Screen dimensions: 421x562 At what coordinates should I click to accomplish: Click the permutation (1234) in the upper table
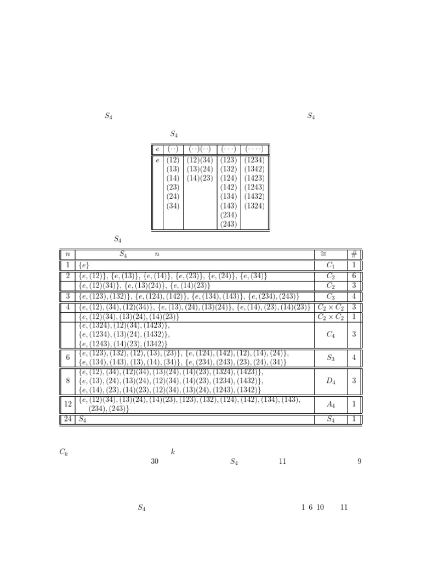coord(254,160)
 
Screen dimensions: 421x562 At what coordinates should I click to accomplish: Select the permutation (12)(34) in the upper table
coord(200,160)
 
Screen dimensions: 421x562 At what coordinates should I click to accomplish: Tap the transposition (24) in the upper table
coord(173,196)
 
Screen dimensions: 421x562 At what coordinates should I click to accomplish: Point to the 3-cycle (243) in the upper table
coord(228,224)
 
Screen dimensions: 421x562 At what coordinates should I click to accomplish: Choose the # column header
coord(354,254)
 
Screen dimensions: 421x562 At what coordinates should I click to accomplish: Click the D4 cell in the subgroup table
coord(331,381)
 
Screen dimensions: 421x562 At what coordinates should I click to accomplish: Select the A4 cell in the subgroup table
coord(331,404)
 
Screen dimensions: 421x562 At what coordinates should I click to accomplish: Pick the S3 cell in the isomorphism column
coord(331,357)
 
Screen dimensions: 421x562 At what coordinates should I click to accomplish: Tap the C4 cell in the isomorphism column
coord(331,334)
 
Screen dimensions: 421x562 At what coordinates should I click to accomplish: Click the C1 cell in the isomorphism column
coord(331,265)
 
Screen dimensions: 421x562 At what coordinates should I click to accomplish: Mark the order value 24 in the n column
coord(68,419)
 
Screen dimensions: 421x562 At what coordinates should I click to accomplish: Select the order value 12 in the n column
coord(68,404)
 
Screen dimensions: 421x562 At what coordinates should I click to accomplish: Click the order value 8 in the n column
coord(68,381)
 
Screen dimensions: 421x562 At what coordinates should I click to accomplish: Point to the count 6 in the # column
coord(354,276)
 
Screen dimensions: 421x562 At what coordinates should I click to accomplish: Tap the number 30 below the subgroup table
coord(155,462)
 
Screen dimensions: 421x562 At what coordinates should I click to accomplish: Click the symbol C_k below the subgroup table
coord(64,452)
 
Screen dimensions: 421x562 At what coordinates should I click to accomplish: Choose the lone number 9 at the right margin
coord(360,462)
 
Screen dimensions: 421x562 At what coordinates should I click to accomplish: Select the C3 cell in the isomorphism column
coord(331,296)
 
